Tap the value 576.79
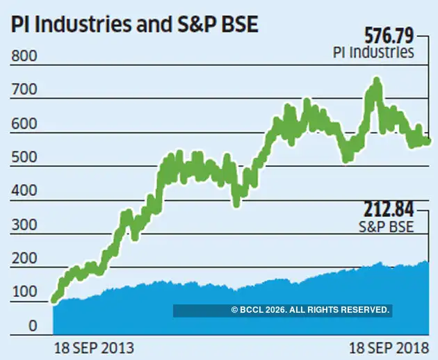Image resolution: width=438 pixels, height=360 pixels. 389,35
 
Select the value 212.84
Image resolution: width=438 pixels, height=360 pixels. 389,208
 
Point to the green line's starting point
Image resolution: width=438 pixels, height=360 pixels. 54,300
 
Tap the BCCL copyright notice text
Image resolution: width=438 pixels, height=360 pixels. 310,310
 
